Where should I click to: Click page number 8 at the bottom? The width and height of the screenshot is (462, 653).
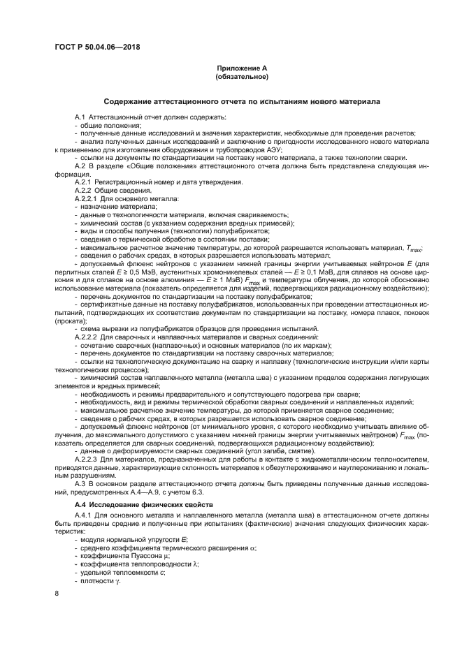pos(57,593)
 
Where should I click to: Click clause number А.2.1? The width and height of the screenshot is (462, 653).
pos(84,183)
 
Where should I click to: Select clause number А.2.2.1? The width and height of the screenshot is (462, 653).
pos(87,200)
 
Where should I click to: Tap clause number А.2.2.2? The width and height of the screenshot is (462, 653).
pos(87,337)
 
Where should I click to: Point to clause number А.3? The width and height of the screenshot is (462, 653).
pos(80,483)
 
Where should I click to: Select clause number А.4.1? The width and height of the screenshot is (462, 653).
pos(84,516)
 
